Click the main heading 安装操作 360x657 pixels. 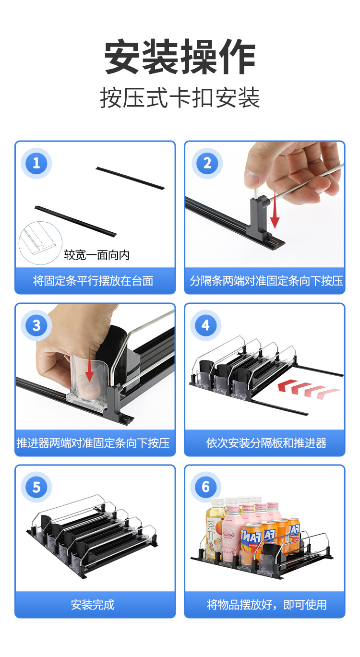tap(180, 57)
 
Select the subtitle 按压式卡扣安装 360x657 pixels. tap(180, 98)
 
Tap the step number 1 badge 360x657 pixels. tap(36, 163)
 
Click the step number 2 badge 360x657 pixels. tap(207, 163)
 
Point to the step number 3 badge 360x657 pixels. tap(36, 325)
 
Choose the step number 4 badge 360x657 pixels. tap(205, 325)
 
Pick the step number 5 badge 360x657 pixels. tap(36, 488)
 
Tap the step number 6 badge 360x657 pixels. tap(205, 488)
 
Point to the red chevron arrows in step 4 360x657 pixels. tap(308, 389)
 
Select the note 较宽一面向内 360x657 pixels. tap(97, 255)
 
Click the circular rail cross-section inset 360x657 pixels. tap(40, 243)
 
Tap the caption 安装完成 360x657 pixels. tap(93, 605)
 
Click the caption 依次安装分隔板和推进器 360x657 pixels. tap(266, 443)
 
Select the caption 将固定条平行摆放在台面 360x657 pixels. tap(93, 281)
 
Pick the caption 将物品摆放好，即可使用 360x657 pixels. tap(266, 605)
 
